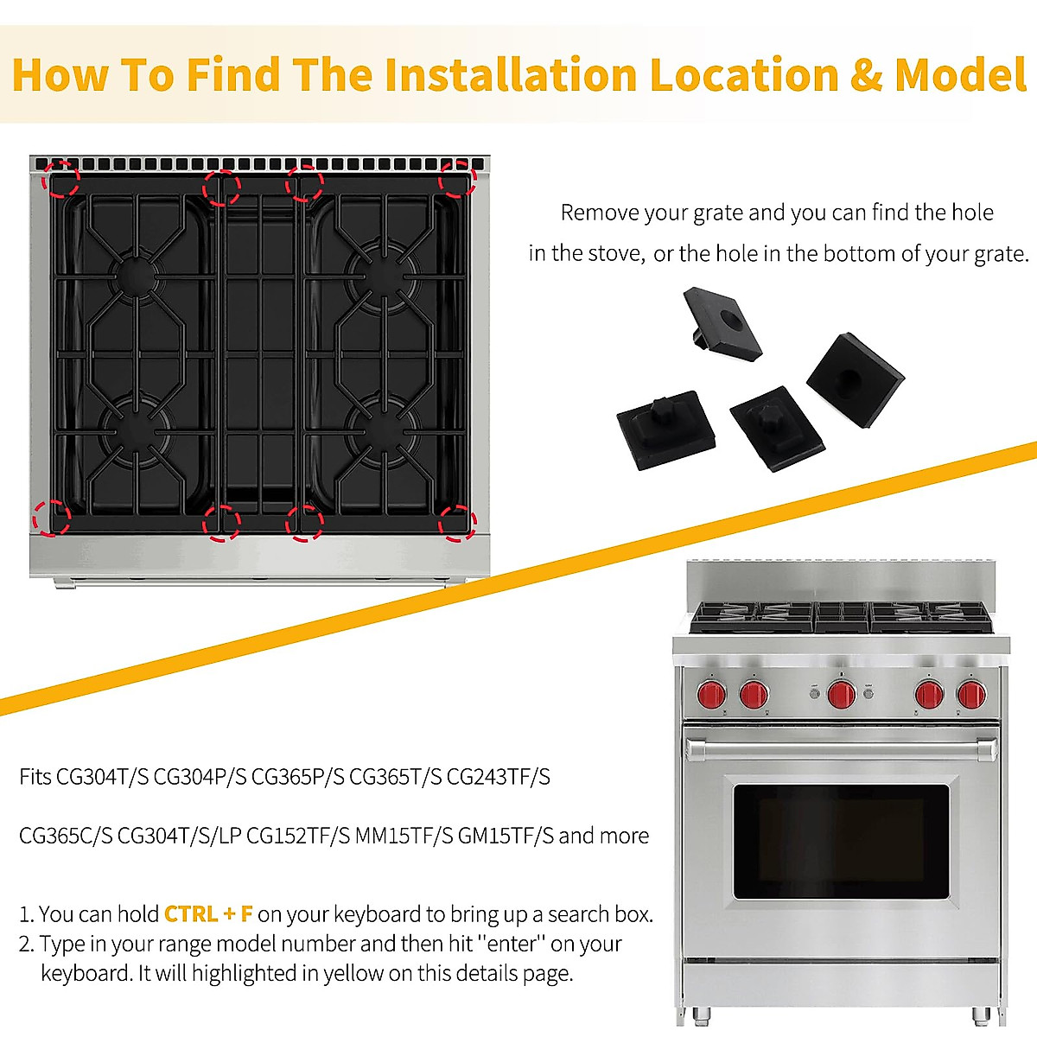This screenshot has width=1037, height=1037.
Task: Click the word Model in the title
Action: tap(960, 74)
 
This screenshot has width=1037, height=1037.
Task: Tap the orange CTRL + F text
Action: tap(208, 914)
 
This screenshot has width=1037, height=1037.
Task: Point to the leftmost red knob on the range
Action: tap(712, 693)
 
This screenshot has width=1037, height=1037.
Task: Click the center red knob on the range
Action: tap(841, 693)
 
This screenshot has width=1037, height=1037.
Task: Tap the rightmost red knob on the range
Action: tap(971, 693)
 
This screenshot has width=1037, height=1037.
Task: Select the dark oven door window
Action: tap(840, 841)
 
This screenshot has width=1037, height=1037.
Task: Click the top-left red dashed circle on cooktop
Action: tap(62, 179)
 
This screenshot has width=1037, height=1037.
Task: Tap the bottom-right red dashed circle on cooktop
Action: tap(457, 523)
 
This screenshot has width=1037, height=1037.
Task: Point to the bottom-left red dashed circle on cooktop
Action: tap(51, 518)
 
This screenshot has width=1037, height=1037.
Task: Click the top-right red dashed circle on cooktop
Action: tap(457, 179)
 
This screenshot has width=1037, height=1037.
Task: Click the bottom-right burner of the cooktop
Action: tap(380, 425)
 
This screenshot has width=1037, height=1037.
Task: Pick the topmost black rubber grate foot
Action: tap(722, 324)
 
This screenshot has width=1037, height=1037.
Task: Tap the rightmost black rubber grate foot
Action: tap(855, 379)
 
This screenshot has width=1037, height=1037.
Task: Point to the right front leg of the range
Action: tap(981, 1014)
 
